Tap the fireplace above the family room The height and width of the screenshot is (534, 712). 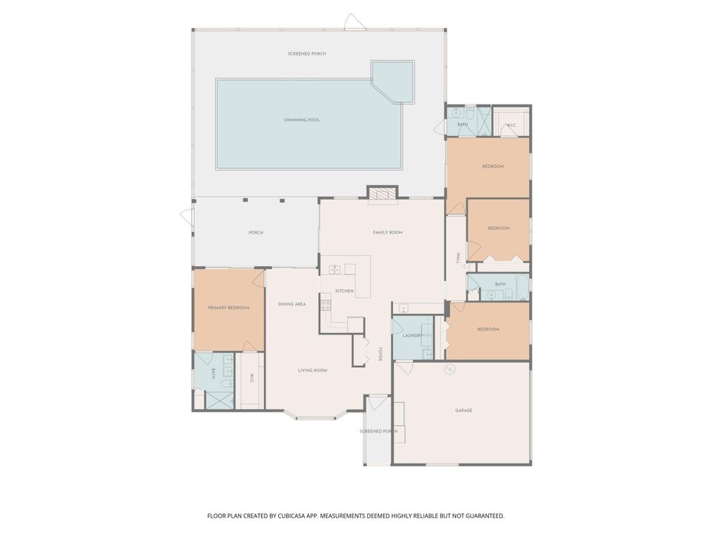[x=383, y=194]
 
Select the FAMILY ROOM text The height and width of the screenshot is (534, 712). [x=387, y=233]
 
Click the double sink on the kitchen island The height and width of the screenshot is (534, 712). [x=334, y=269]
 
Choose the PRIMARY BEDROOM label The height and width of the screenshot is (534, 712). [x=228, y=308]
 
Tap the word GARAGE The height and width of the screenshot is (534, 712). [x=464, y=410]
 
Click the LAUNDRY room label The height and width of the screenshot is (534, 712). [x=412, y=335]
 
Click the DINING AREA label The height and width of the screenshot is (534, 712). [x=292, y=304]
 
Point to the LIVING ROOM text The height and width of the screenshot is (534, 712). [x=312, y=370]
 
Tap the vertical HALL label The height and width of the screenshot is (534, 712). [x=458, y=257]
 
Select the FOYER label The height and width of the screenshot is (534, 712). [x=380, y=355]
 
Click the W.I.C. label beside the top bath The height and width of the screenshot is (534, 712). [x=511, y=125]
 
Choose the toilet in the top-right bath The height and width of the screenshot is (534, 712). [x=469, y=115]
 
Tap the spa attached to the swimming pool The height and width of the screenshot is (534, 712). [x=394, y=81]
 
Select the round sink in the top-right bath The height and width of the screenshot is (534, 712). [x=454, y=113]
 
